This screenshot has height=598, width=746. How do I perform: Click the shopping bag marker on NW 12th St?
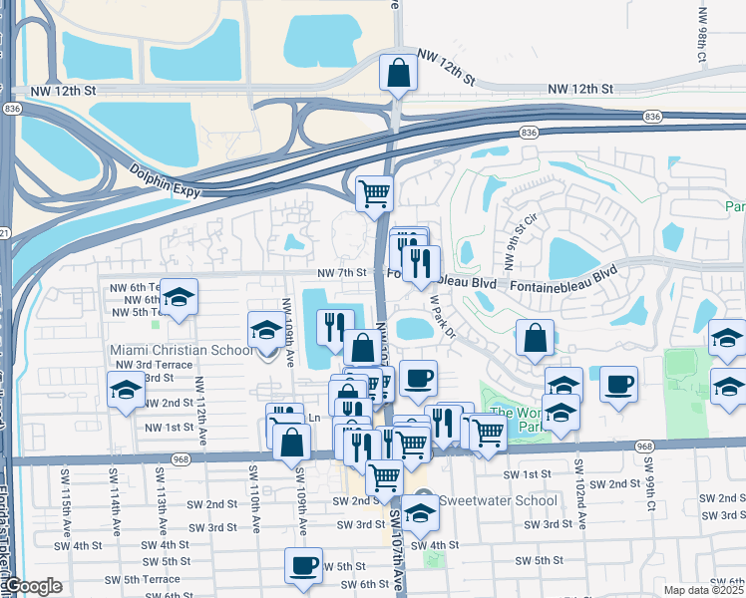tap(398, 73)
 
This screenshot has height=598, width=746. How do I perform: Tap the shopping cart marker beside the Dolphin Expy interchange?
tap(374, 192)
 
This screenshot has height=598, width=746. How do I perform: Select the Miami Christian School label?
tap(181, 351)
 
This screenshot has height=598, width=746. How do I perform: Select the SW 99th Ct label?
tap(648, 479)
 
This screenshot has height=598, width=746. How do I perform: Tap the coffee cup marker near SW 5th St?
tap(303, 566)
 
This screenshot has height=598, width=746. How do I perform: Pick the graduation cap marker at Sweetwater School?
tap(421, 513)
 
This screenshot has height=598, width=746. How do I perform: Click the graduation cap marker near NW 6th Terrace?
tap(179, 297)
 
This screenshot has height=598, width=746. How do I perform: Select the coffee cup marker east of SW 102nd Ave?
tap(618, 384)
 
